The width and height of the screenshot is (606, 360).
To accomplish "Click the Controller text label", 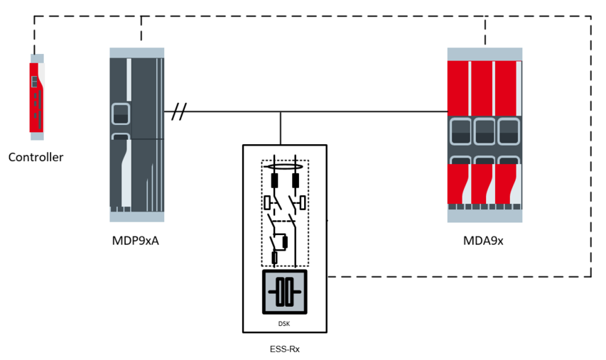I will [x=36, y=157].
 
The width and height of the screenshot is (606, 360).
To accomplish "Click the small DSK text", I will [x=284, y=324].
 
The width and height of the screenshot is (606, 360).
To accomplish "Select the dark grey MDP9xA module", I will [x=137, y=135].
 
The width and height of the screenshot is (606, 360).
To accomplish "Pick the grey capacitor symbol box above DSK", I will [x=284, y=292].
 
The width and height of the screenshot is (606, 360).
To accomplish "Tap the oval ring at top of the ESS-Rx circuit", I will [x=283, y=168].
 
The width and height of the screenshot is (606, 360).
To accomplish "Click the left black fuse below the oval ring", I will [x=273, y=180].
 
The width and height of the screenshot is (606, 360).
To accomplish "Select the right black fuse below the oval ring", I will [x=295, y=180].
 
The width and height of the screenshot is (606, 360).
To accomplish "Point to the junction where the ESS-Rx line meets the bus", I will [x=281, y=111].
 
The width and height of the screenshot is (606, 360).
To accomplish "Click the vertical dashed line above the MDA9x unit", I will [x=485, y=32].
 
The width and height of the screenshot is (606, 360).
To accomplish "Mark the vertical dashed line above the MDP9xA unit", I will [x=141, y=28].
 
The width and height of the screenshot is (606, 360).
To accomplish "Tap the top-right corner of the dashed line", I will [x=590, y=16].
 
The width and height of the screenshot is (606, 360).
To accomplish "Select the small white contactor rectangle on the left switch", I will [x=267, y=203].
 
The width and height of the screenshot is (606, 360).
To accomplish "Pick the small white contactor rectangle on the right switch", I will [x=303, y=203].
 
